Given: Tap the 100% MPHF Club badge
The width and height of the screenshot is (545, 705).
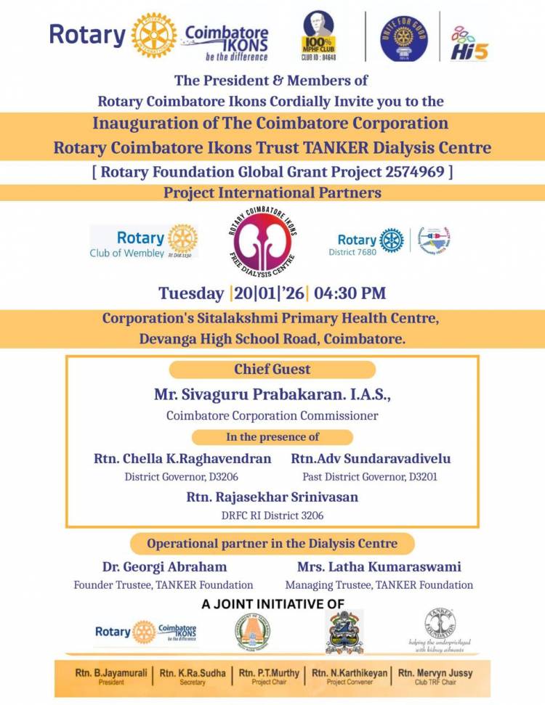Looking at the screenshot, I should (x=320, y=38).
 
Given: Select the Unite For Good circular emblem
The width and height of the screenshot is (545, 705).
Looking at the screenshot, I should (x=404, y=38).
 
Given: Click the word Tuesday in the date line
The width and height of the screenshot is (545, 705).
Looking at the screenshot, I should (x=191, y=293).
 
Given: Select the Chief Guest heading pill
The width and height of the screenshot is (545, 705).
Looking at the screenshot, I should (x=272, y=370).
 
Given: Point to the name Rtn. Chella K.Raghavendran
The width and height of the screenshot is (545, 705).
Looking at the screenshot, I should (x=182, y=459).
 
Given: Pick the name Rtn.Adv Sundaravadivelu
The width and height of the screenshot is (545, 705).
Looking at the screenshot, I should (x=371, y=459).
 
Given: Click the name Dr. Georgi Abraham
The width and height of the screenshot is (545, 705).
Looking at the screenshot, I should (x=164, y=566).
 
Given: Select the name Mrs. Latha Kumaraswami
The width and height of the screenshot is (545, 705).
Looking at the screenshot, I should (x=379, y=566).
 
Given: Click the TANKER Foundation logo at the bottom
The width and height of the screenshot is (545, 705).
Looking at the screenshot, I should (x=440, y=625).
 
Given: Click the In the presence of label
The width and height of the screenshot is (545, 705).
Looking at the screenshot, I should (x=272, y=437).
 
